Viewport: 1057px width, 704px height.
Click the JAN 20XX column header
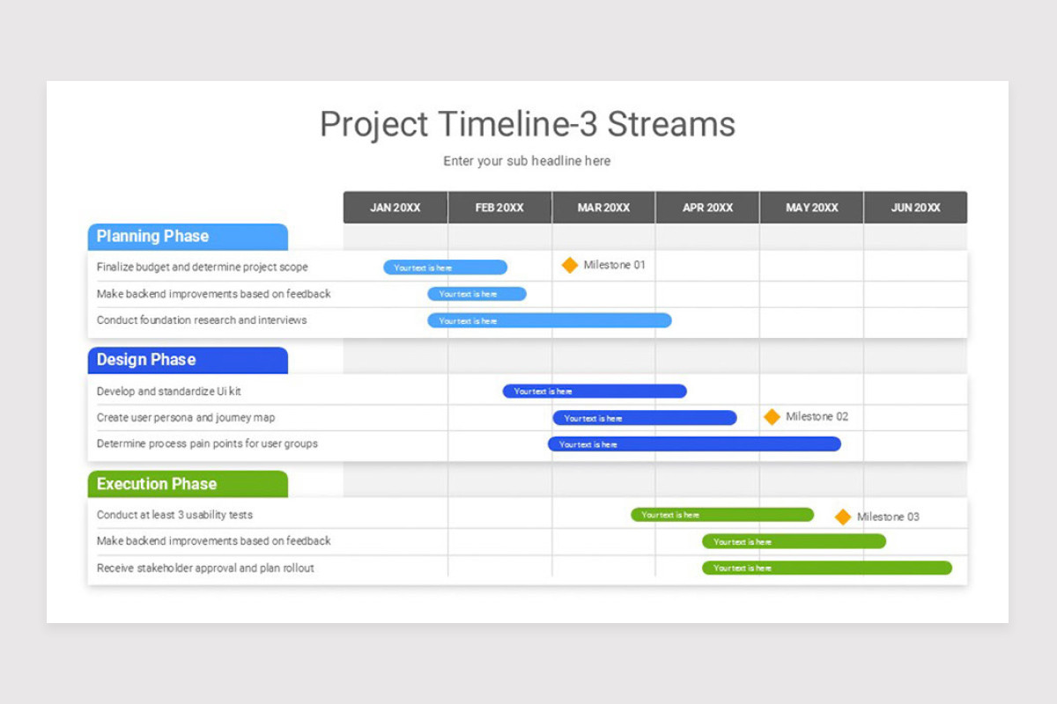tap(395, 208)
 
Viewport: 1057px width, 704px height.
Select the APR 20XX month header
tap(707, 208)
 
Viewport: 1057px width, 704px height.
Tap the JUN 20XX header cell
tap(915, 208)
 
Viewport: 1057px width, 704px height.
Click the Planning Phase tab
tap(188, 237)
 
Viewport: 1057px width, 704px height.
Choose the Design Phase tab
tap(188, 360)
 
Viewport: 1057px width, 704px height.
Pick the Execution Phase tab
tap(188, 484)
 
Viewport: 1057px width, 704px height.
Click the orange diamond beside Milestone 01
tap(570, 265)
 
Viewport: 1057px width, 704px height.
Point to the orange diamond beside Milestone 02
tap(772, 417)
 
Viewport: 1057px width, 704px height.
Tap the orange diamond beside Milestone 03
tap(843, 517)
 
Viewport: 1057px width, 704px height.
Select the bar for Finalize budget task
tap(445, 268)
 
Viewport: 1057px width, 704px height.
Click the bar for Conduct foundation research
tap(550, 320)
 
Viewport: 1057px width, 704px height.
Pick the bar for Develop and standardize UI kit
tap(595, 391)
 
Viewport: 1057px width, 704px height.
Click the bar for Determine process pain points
tap(694, 444)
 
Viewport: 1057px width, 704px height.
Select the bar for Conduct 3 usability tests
tap(722, 515)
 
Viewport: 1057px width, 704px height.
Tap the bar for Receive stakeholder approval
tap(827, 568)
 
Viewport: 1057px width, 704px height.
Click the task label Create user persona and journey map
tap(186, 418)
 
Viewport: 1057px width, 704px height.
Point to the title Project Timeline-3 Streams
tap(528, 124)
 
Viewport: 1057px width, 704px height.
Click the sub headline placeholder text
tap(527, 161)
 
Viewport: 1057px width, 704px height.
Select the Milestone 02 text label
tap(817, 416)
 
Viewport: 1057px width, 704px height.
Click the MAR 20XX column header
tap(603, 208)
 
